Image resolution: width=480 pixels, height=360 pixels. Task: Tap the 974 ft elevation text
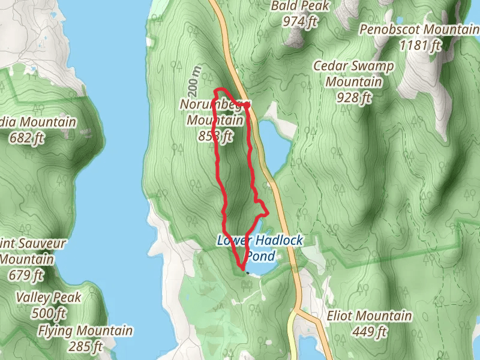click(x=300, y=22)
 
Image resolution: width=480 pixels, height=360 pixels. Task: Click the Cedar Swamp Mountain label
click(x=355, y=74)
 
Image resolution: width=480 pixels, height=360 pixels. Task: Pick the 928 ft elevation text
click(x=352, y=98)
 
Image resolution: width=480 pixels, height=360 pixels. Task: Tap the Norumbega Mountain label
click(x=213, y=113)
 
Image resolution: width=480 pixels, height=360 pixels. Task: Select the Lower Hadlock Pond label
click(x=260, y=248)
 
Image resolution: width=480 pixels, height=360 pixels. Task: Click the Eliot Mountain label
click(x=369, y=316)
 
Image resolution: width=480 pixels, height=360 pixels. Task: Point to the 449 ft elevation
click(x=370, y=331)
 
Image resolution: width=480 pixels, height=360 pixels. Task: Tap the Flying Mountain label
click(x=85, y=331)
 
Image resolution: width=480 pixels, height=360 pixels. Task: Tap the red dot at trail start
click(x=247, y=104)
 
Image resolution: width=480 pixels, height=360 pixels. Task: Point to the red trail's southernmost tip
click(x=241, y=266)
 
